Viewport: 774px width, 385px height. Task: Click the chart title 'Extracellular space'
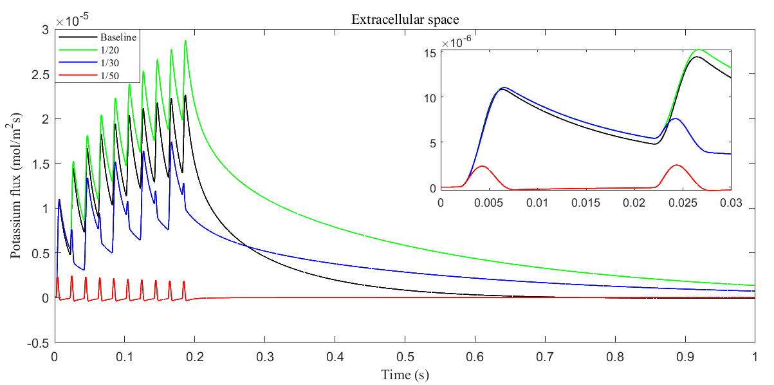point(404,19)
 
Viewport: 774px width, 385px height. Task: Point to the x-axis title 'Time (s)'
point(405,374)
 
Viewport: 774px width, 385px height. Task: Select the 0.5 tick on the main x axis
point(405,355)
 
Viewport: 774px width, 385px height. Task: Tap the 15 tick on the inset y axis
point(429,53)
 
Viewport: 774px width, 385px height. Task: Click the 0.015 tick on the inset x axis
point(585,203)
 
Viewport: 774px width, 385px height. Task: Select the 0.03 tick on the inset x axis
point(730,203)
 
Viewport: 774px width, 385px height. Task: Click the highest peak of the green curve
point(185,41)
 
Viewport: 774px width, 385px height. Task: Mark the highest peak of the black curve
point(185,95)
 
